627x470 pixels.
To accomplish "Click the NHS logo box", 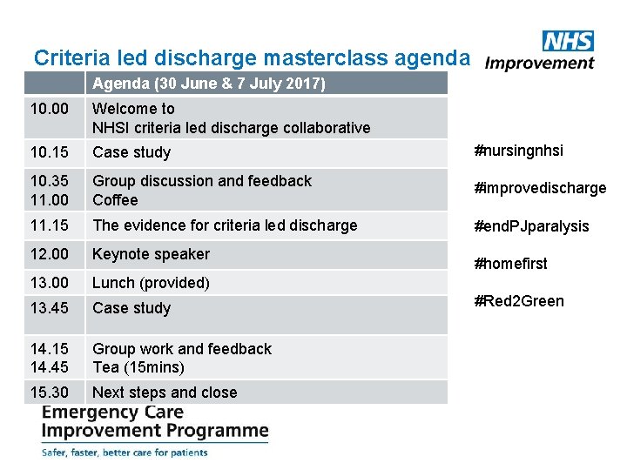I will [x=568, y=41].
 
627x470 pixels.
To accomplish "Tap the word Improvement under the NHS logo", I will [x=540, y=63].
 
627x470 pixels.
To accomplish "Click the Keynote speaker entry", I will [x=151, y=254].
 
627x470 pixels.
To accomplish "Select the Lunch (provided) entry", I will [x=151, y=283].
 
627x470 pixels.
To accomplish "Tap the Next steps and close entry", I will [x=165, y=393].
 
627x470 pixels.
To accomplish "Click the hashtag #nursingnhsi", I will [x=518, y=151].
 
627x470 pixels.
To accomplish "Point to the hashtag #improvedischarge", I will [x=540, y=188].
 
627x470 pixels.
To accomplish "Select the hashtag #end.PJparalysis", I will [x=531, y=226].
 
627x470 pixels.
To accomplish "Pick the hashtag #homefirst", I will [x=510, y=264].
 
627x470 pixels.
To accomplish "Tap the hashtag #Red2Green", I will [x=519, y=301].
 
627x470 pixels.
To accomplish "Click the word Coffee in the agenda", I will [x=115, y=200].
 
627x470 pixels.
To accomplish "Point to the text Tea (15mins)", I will [x=138, y=367].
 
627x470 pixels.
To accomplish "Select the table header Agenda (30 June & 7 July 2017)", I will [x=209, y=84].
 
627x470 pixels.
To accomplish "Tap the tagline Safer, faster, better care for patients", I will [x=125, y=453].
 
